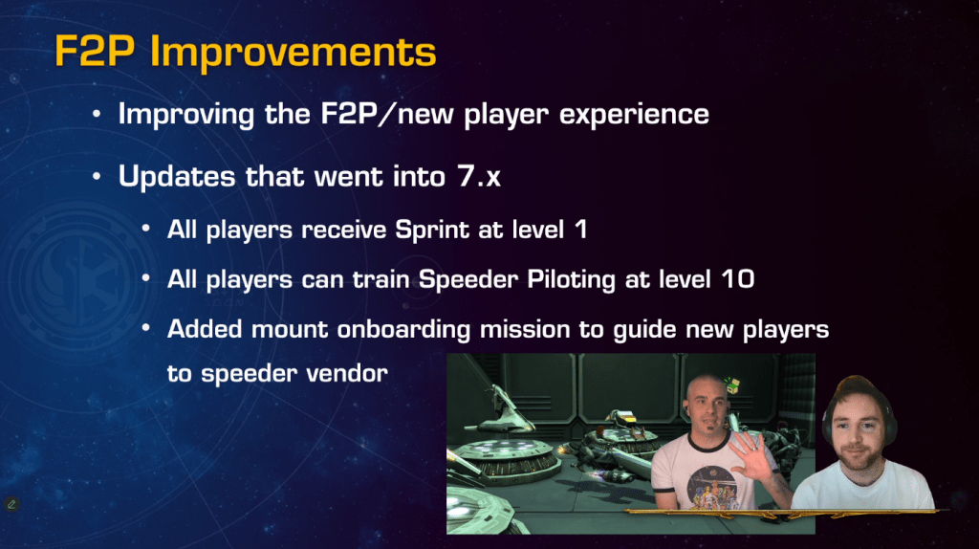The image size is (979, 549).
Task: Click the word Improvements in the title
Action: [x=293, y=53]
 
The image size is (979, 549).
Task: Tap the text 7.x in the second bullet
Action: [x=479, y=176]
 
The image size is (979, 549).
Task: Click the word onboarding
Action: [x=403, y=329]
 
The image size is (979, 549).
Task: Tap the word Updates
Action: [x=177, y=176]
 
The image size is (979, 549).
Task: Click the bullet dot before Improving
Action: [x=97, y=115]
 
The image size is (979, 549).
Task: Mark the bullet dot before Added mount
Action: [x=145, y=327]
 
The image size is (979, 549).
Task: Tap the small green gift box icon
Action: [x=731, y=384]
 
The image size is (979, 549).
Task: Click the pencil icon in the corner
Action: [x=11, y=503]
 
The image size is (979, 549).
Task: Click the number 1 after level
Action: [x=581, y=230]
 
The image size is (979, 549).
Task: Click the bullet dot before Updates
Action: [x=97, y=177]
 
